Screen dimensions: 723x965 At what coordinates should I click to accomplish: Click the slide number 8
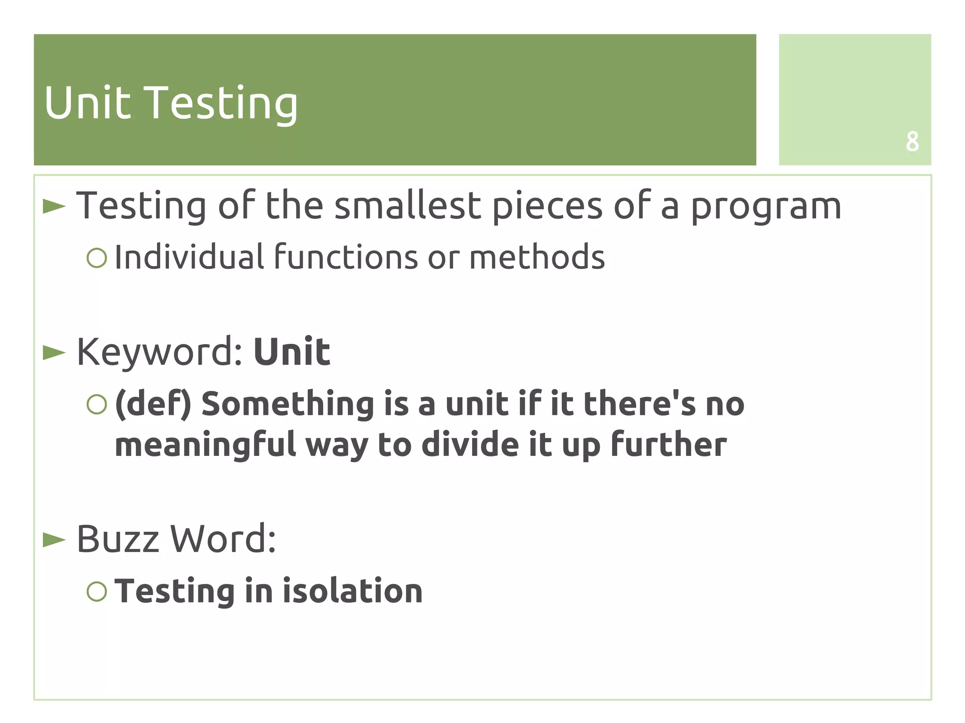point(912,141)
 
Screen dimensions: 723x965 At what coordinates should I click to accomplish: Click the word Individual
point(189,257)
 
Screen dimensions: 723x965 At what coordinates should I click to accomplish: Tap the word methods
point(537,257)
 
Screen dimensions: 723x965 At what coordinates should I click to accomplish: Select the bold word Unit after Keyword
point(292,352)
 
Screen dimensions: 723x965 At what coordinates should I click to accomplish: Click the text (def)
point(153,405)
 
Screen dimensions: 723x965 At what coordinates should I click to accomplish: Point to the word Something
point(287,405)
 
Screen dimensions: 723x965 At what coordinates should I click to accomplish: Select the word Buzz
point(118,539)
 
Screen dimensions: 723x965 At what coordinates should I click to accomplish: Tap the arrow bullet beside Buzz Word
point(54,540)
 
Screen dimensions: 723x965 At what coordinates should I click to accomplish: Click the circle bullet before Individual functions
point(97,258)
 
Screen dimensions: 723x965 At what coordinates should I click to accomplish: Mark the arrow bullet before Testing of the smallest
point(54,206)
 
